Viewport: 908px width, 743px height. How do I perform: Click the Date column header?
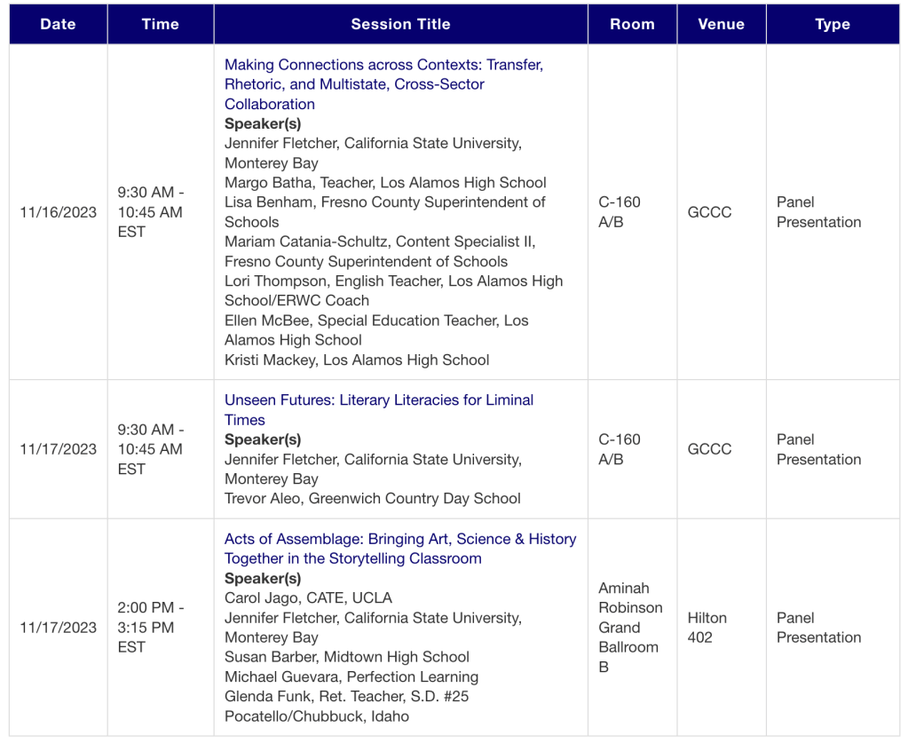coord(58,24)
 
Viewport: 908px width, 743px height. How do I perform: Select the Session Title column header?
coord(400,24)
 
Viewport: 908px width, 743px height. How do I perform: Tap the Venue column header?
coord(721,24)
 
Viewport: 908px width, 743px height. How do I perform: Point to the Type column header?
coord(833,24)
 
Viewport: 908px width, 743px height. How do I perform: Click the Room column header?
coord(632,24)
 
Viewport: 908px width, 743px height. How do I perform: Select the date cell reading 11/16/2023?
coord(59,212)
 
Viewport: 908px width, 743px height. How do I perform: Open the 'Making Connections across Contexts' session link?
coord(383,84)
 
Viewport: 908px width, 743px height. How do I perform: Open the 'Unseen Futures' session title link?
coord(379,409)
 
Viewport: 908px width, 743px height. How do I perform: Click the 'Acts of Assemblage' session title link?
coord(400,549)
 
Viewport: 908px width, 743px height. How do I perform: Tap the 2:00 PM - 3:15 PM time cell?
coord(151,628)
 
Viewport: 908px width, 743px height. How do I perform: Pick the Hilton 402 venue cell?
coord(707,628)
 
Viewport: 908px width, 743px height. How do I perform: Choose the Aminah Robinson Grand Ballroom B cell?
coord(630,628)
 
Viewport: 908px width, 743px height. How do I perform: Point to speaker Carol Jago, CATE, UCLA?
coord(308,598)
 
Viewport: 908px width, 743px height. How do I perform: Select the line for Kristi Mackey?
coord(357,360)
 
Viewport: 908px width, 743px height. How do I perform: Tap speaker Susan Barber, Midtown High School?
coord(347,657)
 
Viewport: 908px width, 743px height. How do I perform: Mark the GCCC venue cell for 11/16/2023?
coord(710,212)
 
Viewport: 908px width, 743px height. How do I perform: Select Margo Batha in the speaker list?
coord(385,183)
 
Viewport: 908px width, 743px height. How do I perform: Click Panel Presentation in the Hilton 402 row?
coord(818,628)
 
